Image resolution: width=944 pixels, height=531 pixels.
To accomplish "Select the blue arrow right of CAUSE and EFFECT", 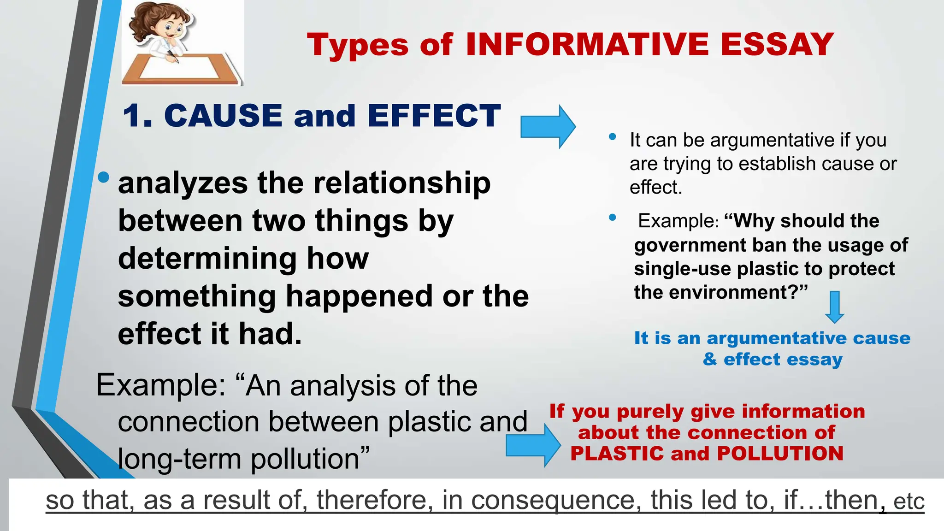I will coord(548,126).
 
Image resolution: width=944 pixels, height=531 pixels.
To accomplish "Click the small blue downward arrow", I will coord(834,307).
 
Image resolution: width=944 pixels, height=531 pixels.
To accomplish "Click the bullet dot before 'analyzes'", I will coord(104,177).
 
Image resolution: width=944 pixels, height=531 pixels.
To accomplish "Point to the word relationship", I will coord(402,183).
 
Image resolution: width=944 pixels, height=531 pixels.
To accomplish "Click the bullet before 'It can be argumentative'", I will coord(612,136).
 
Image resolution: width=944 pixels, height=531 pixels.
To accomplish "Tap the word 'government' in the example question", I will coord(690,245).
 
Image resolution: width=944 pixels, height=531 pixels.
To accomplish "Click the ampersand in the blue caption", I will coord(710,359).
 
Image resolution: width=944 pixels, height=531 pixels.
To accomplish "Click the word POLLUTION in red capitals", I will coord(780,454).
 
